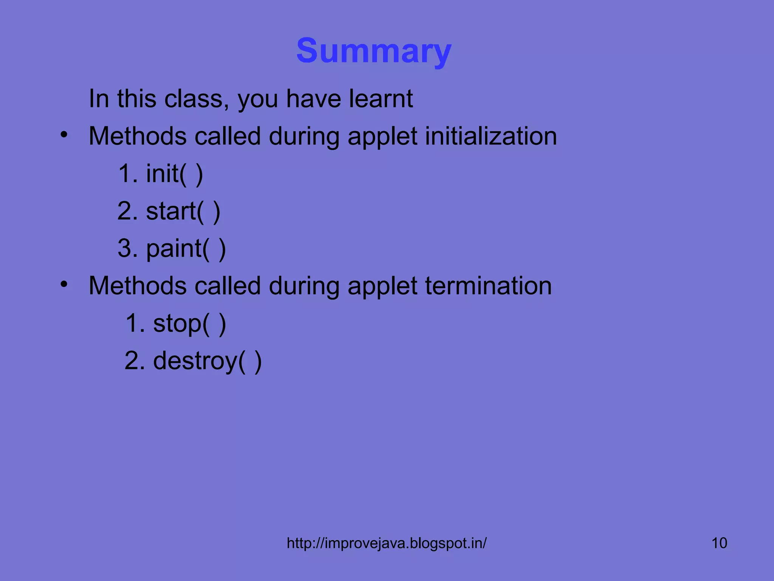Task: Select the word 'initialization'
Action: (x=491, y=136)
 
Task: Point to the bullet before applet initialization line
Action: (x=64, y=134)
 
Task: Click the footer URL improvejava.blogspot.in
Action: (x=387, y=543)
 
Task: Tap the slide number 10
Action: (x=719, y=543)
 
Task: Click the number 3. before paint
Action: (x=127, y=249)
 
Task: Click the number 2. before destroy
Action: (x=135, y=361)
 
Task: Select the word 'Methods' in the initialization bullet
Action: (x=138, y=136)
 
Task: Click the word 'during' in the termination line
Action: (x=304, y=286)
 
